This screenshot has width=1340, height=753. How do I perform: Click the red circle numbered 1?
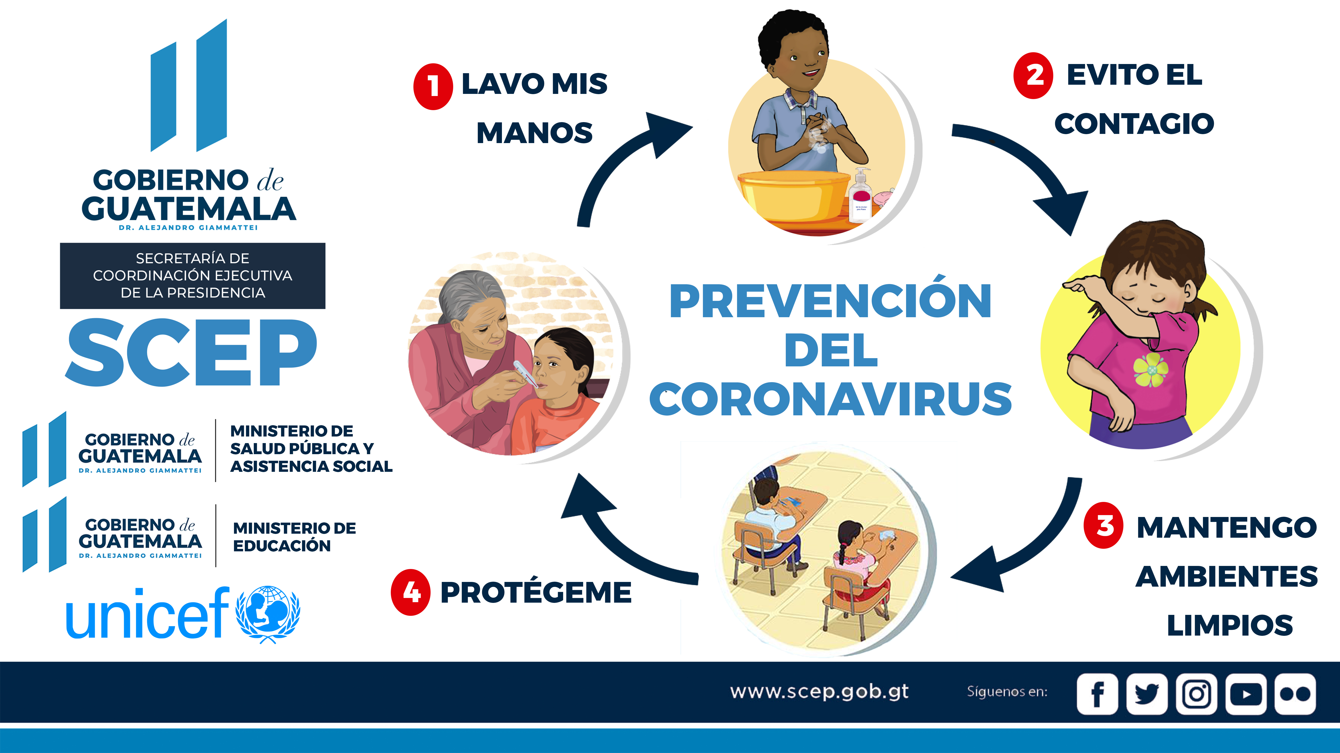[433, 86]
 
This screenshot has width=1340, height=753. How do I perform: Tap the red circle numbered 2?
[1033, 75]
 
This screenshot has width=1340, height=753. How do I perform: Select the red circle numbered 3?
[1103, 525]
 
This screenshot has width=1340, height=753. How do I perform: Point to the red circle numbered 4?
[410, 592]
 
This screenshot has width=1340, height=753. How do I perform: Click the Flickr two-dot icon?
[1295, 694]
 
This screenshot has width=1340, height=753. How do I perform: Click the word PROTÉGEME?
[536, 592]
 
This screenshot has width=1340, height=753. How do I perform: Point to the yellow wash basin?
[795, 196]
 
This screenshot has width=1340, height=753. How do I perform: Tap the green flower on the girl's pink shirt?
[1151, 370]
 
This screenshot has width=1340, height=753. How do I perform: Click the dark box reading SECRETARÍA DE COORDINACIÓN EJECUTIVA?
[193, 276]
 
